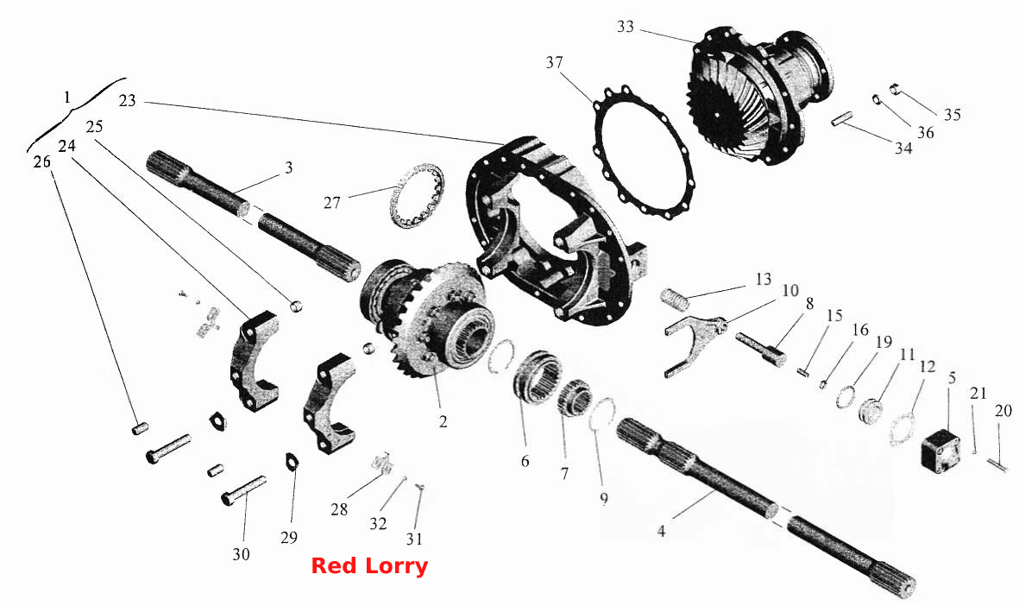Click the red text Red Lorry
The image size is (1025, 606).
tap(369, 565)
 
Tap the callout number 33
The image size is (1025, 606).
tap(626, 27)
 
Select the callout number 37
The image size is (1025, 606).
tap(554, 63)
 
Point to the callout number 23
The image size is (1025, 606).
tap(127, 101)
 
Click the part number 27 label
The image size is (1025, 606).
tap(332, 203)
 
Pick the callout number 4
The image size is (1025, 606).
tap(662, 532)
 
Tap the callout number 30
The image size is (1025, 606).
tap(242, 554)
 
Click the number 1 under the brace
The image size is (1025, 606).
tap(66, 98)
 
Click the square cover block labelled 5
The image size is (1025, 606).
tap(941, 448)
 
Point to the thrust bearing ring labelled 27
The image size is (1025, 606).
tap(417, 197)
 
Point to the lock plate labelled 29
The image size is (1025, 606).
tap(292, 461)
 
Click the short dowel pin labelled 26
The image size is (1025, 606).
tap(140, 428)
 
